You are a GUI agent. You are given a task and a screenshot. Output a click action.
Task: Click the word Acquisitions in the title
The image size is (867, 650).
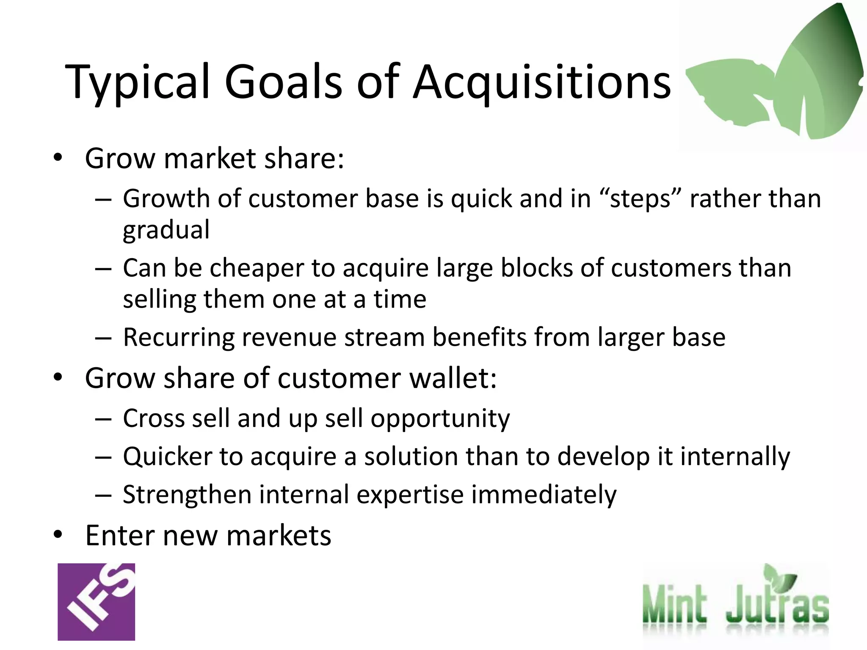(x=542, y=83)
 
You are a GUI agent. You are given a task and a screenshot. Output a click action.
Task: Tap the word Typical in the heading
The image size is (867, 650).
(x=138, y=83)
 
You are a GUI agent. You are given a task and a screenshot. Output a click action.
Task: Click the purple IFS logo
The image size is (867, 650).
(x=96, y=602)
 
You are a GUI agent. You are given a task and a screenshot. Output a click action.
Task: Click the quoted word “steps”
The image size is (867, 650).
(x=640, y=199)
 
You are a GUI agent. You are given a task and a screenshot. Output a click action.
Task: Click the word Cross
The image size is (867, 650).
(x=154, y=419)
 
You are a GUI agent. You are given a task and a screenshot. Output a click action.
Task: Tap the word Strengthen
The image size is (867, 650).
(x=187, y=495)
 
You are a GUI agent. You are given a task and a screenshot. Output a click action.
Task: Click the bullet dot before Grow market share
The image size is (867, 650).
(x=58, y=158)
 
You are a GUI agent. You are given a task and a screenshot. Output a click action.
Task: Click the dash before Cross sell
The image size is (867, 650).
(x=103, y=419)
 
